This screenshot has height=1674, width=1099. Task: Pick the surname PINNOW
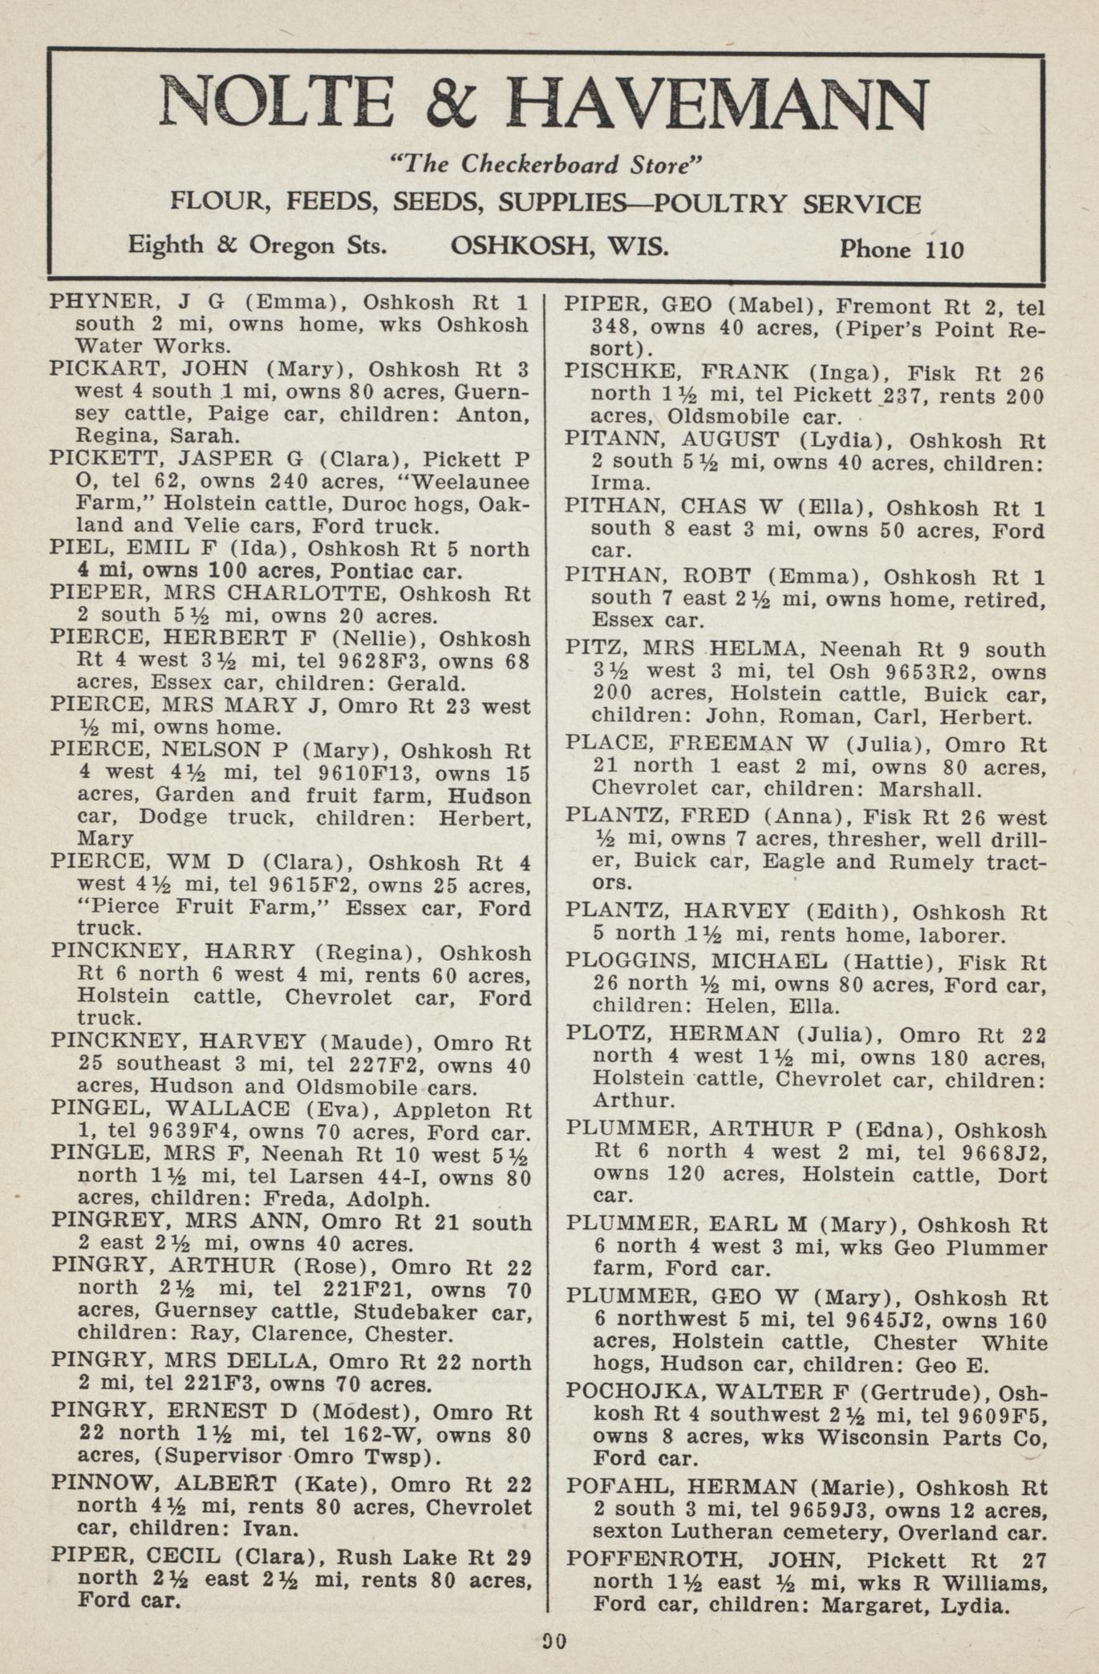pos(104,1484)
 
